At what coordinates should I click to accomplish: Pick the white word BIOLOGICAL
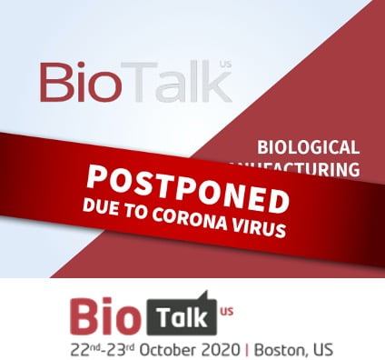309,145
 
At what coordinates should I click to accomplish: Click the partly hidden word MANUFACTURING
313,168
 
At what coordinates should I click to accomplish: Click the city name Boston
284,348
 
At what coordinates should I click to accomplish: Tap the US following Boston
322,348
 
